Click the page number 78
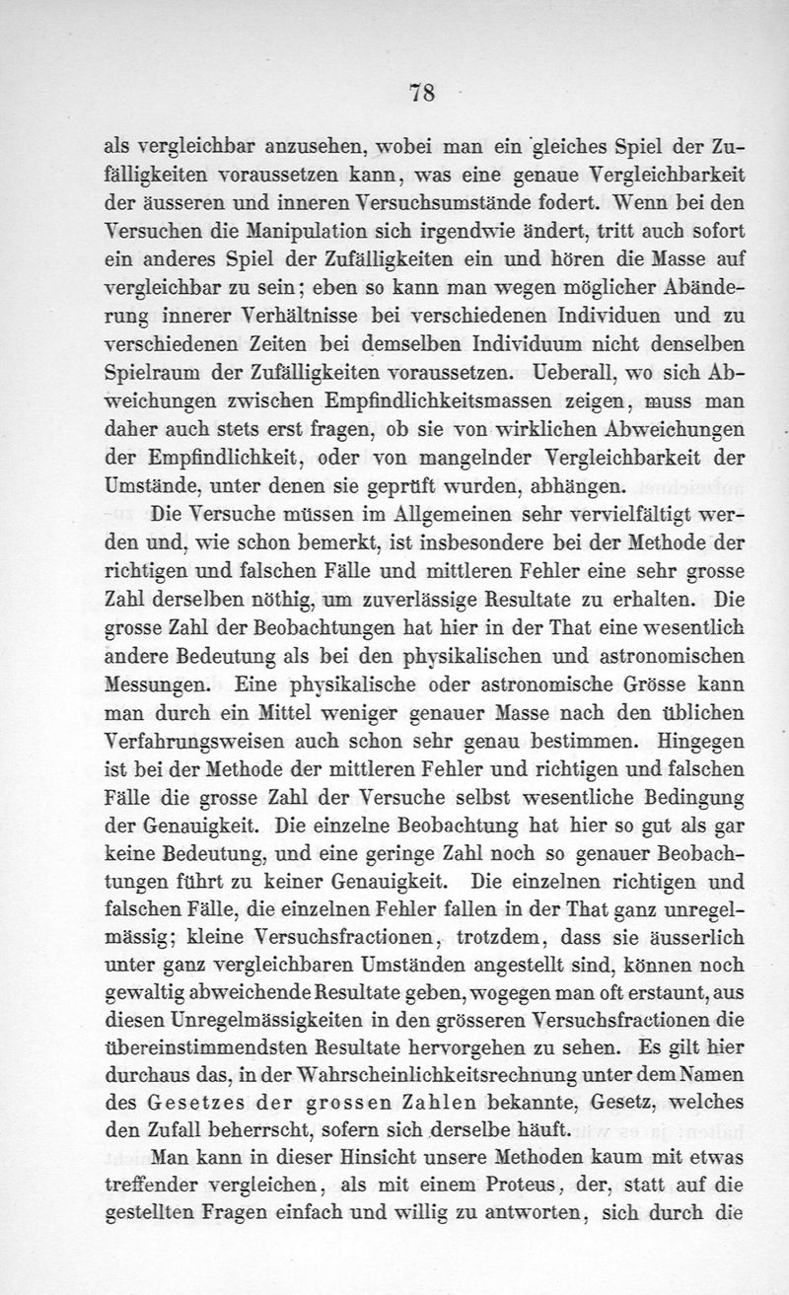(x=422, y=94)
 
